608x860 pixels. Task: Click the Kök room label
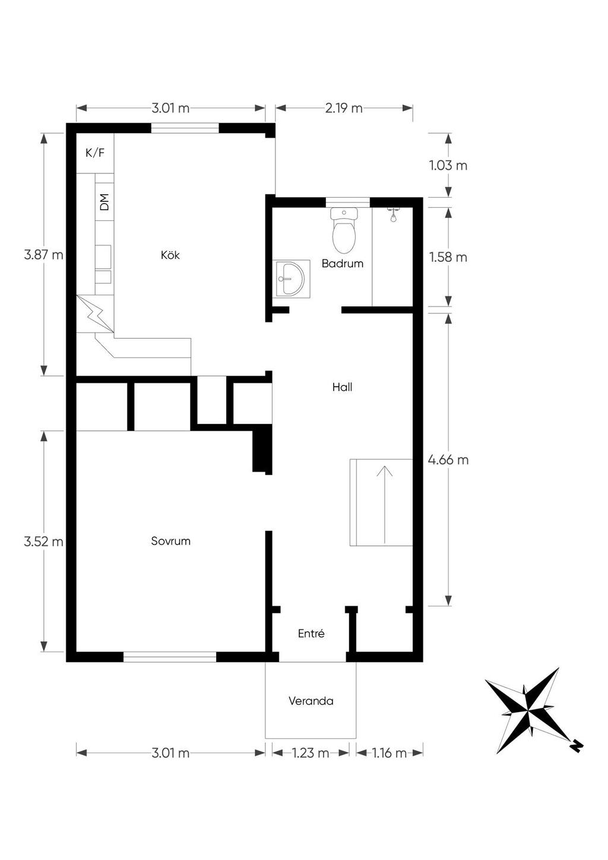170,255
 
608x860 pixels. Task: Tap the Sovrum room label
171,541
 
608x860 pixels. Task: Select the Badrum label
343,263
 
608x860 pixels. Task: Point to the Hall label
343,387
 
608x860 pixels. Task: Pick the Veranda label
311,701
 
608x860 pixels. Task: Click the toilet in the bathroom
344,230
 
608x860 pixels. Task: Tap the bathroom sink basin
292,279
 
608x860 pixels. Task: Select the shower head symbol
394,214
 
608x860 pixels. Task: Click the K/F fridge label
95,153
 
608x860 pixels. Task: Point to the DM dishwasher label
104,202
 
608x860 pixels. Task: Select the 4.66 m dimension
448,460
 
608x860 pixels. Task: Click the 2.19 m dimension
344,108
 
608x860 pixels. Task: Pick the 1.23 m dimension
311,753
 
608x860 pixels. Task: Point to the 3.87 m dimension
43,254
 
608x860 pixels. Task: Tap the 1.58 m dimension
448,257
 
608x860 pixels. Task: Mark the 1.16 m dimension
388,753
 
